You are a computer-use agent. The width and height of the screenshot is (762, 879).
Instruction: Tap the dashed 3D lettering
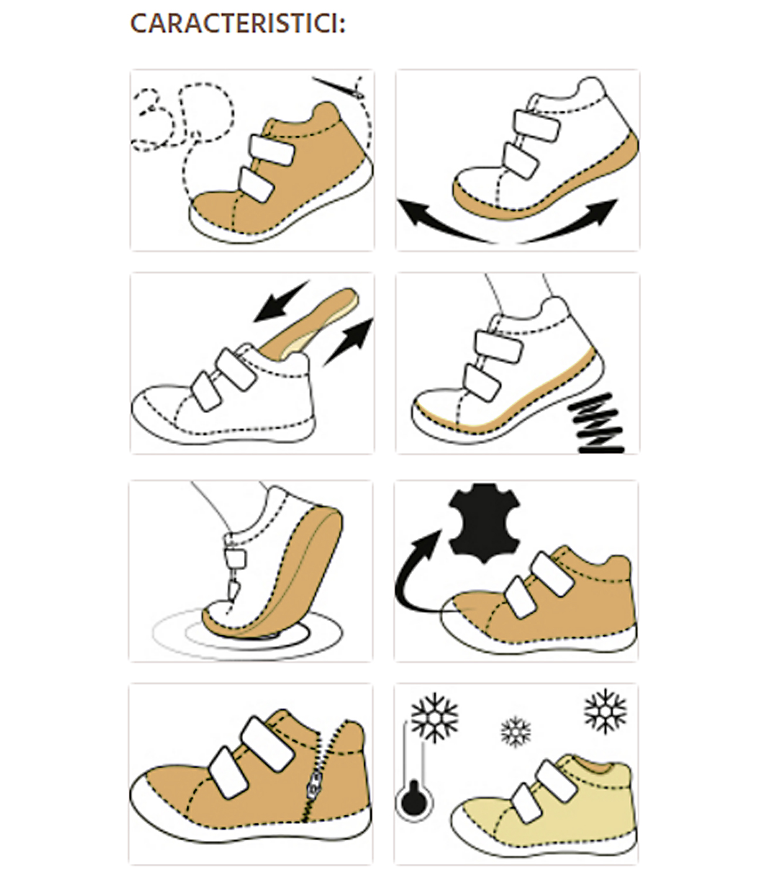click(x=183, y=118)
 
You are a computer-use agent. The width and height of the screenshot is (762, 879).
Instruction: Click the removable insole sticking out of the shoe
click(x=309, y=324)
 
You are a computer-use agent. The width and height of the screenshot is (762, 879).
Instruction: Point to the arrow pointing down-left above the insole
click(x=281, y=302)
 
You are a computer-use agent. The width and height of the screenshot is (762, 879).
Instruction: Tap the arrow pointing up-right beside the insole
click(x=349, y=342)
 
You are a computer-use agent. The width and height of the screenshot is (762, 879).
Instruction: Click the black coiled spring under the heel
click(x=596, y=423)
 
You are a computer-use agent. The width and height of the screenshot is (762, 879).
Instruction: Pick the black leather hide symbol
click(x=485, y=523)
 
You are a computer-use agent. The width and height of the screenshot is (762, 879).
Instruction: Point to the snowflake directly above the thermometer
click(x=434, y=718)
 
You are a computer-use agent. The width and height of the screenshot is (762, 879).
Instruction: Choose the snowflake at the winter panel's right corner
click(x=605, y=711)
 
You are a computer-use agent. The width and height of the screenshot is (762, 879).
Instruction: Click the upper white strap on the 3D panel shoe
click(x=271, y=150)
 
